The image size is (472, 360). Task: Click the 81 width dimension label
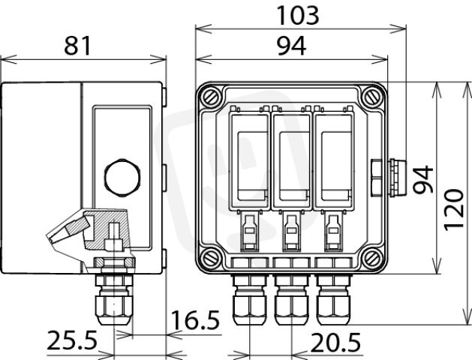tap(77, 46)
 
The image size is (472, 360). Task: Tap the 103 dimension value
tap(298, 15)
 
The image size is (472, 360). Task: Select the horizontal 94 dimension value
tap(291, 46)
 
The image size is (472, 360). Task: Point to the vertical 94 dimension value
tap(423, 179)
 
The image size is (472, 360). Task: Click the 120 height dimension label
tap(454, 210)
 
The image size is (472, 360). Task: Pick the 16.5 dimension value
tap(195, 320)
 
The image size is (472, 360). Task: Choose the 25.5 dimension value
tap(72, 340)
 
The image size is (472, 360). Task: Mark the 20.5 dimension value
tap(335, 343)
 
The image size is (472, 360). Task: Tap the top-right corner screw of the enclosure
tap(372, 96)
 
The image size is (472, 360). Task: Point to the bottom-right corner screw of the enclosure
tap(372, 258)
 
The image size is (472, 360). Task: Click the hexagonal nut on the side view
tap(122, 178)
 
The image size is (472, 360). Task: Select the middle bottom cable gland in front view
tap(291, 299)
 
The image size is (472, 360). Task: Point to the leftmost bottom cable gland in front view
tap(250, 299)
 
